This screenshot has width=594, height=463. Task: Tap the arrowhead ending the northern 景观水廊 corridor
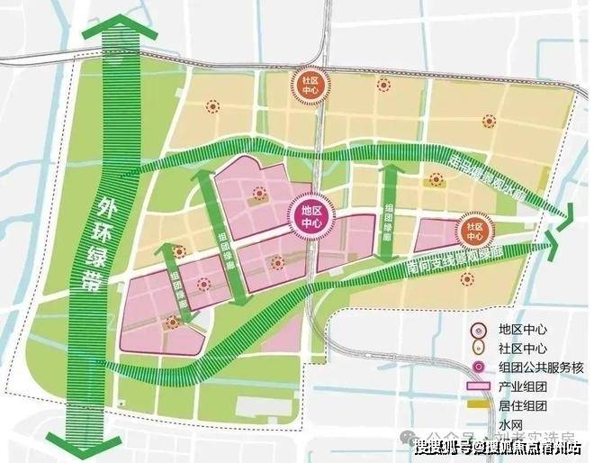click(567, 213)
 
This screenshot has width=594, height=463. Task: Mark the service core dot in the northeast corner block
click(489, 120)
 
